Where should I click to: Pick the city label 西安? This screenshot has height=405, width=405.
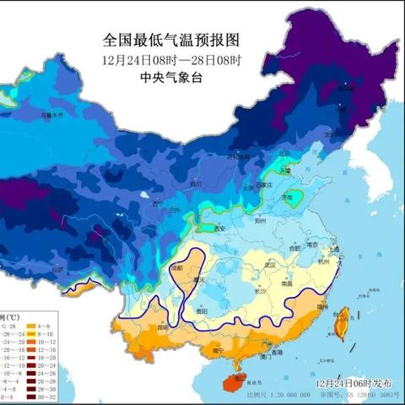pos(221,228)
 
